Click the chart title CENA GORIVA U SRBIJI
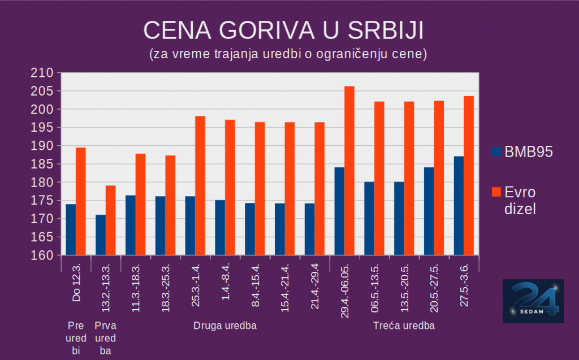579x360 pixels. pyautogui.click(x=283, y=31)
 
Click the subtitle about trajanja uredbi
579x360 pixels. pyautogui.click(x=288, y=55)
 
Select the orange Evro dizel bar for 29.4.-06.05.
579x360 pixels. pyautogui.click(x=349, y=171)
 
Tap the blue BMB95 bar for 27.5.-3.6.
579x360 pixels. pyautogui.click(x=458, y=206)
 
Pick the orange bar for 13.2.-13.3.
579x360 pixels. pyautogui.click(x=110, y=220)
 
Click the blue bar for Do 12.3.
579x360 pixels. pyautogui.click(x=71, y=229)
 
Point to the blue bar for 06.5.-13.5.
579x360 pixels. pyautogui.click(x=369, y=219)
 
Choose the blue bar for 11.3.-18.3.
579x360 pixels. pyautogui.click(x=130, y=225)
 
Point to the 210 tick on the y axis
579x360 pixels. pyautogui.click(x=43, y=73)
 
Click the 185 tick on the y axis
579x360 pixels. pyautogui.click(x=43, y=164)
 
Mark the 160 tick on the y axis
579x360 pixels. pyautogui.click(x=43, y=255)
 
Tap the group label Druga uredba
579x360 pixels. pyautogui.click(x=224, y=326)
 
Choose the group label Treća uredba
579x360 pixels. pyautogui.click(x=404, y=326)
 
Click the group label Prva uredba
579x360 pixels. pyautogui.click(x=106, y=338)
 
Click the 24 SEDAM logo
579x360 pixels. pyautogui.click(x=533, y=301)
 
